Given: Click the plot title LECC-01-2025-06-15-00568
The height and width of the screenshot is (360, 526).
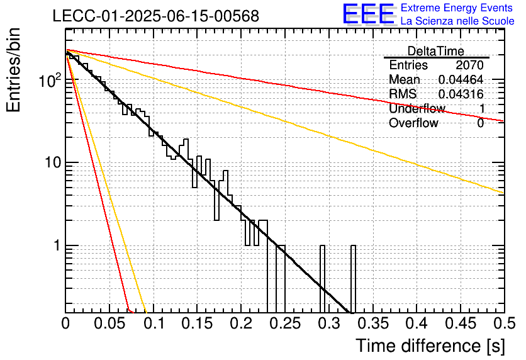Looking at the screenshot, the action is pos(156,16).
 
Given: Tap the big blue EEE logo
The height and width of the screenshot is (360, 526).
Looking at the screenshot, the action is pos(369,14).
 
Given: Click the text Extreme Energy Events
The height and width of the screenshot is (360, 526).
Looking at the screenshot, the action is pos(457,8).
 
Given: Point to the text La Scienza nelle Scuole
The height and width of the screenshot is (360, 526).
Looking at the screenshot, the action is pos(457,21).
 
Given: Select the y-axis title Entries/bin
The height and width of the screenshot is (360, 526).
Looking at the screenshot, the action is pos(14,70).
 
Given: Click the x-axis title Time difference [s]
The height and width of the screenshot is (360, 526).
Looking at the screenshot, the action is pos(430,346).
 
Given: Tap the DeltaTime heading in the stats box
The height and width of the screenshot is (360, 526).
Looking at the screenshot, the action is pos(436,51).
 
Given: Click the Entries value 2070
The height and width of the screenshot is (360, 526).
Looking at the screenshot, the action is pos(469,65).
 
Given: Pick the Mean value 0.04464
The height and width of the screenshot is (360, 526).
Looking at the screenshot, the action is pos(461,79).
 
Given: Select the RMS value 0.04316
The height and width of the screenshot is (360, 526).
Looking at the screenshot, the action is pos(461,94).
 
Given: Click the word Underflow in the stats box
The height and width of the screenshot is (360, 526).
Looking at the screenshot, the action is pos(417,108).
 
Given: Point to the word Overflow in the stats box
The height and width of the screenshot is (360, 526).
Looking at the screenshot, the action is pos(413,123).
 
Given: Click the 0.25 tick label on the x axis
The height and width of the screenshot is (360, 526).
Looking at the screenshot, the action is pos(285,323).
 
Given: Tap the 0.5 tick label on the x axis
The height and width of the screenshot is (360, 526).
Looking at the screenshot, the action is pos(504,323).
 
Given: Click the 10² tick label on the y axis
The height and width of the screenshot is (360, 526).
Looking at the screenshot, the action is pos(50,80).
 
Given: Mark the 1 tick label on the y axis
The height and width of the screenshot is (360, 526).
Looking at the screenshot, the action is pos(57,245).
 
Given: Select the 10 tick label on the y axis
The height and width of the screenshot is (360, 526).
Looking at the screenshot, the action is pos(53,163).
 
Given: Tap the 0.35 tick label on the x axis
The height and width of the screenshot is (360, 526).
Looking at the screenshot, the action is pos(373,323).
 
